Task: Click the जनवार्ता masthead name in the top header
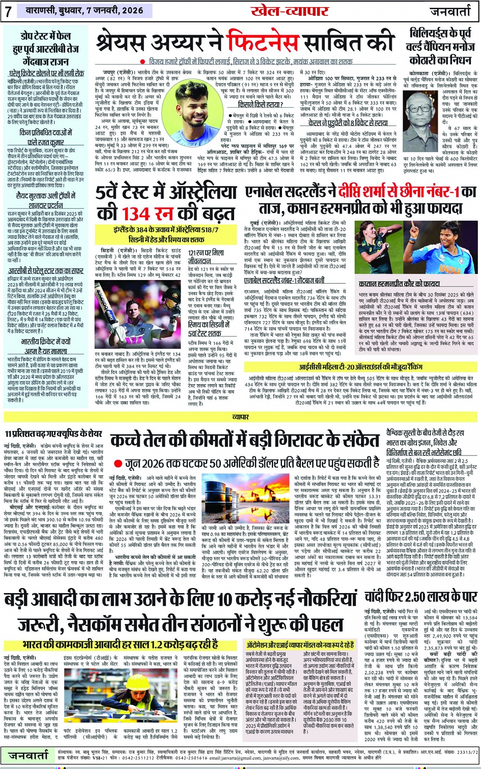pyautogui.click(x=450, y=11)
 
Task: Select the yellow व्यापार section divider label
pyautogui.click(x=240, y=417)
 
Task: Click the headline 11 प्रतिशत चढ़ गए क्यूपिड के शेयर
pyautogui.click(x=53, y=434)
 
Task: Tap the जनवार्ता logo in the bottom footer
pyautogui.click(x=29, y=756)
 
